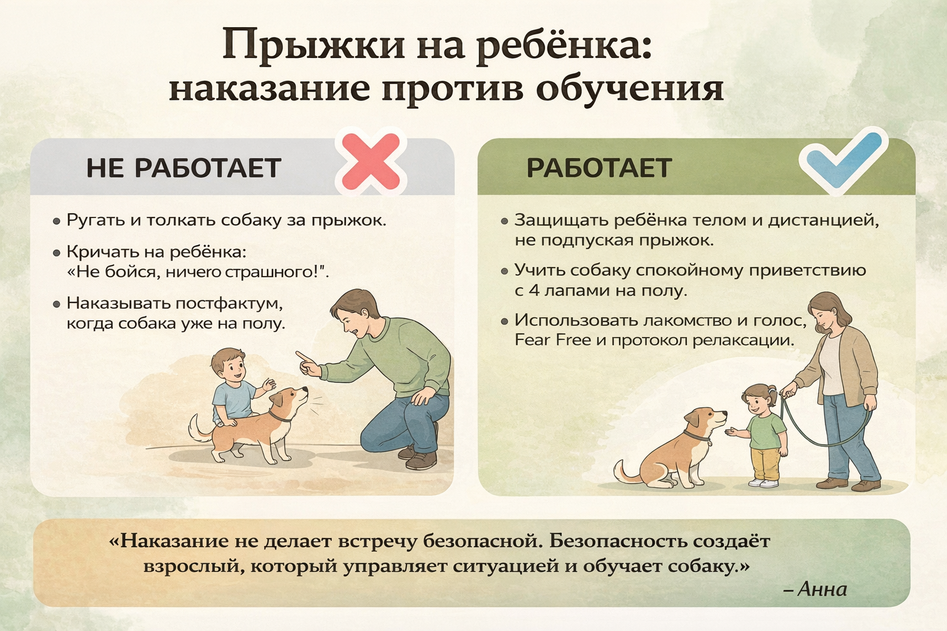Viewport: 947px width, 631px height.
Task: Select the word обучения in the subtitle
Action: coord(629,90)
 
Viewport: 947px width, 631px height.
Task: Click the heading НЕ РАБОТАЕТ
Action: coord(184,168)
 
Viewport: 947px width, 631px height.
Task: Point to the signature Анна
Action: coord(822,589)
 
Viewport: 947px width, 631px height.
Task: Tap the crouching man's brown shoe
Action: coord(420,460)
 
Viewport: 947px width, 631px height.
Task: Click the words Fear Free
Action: coord(552,340)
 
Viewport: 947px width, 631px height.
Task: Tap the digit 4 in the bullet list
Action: coord(534,291)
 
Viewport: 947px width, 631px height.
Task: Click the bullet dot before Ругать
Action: coord(57,221)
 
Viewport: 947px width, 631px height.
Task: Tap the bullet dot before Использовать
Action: coord(504,322)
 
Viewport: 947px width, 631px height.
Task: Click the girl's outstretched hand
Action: coord(731,431)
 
